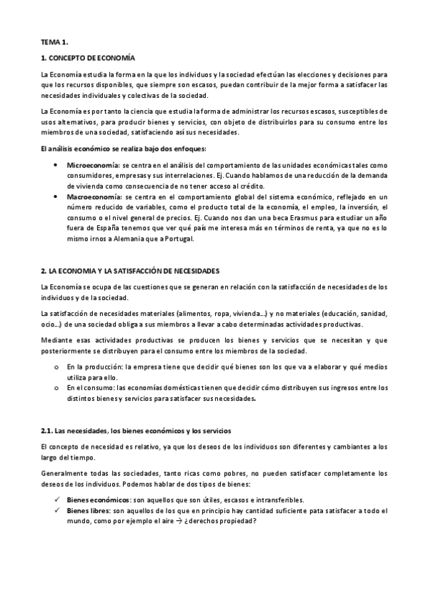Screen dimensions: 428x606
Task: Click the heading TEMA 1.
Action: coord(54,43)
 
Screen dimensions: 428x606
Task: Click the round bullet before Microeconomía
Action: coord(56,165)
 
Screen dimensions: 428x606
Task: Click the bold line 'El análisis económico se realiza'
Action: coord(122,149)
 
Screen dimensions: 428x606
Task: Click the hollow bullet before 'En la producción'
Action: coord(56,367)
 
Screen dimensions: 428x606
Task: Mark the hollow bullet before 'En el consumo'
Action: coord(56,388)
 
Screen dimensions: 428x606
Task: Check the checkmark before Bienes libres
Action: coord(56,511)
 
